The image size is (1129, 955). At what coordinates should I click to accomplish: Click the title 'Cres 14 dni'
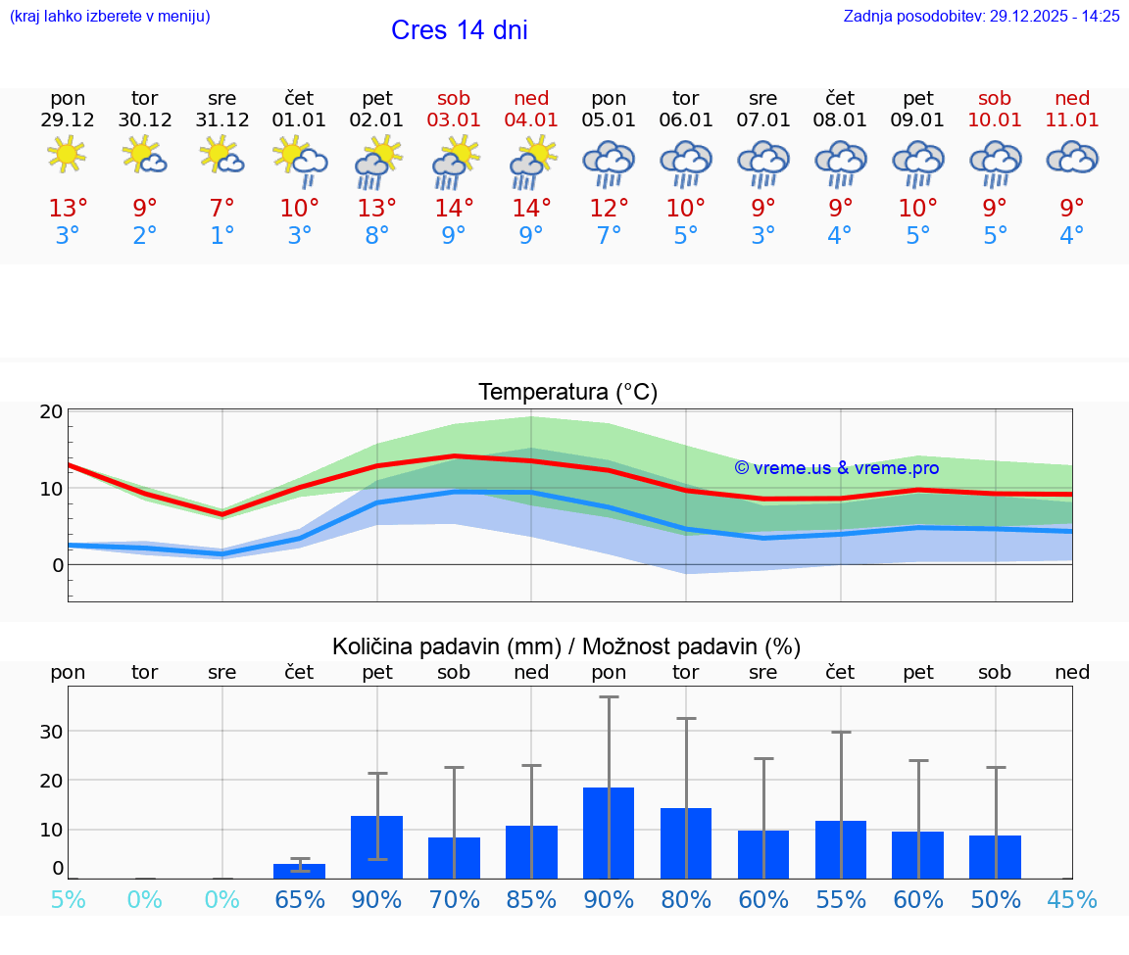[459, 30]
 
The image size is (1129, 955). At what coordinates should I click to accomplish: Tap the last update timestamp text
[981, 16]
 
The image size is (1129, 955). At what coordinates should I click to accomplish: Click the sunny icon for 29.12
[67, 155]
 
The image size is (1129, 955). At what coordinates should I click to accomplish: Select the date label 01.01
[300, 120]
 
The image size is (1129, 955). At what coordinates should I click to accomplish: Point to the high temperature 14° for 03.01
[454, 209]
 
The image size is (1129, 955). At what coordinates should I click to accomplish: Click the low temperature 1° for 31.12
[222, 236]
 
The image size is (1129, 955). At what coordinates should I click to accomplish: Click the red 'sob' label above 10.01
[995, 98]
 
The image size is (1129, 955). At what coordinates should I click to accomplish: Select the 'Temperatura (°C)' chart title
[567, 393]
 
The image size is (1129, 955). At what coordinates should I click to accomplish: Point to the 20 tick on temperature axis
[52, 411]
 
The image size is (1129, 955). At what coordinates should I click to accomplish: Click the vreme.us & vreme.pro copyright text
[836, 468]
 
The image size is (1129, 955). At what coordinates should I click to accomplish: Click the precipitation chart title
[566, 646]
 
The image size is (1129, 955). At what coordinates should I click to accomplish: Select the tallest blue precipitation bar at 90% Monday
[609, 833]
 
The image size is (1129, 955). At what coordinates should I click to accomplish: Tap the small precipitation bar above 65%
[299, 871]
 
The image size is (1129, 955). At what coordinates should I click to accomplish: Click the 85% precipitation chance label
[531, 900]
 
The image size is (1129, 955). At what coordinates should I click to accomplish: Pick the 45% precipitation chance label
[1072, 900]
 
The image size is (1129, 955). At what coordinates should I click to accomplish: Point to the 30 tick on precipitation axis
[52, 732]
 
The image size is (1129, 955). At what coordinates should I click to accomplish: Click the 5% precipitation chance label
[68, 900]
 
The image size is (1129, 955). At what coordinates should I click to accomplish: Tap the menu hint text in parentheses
[110, 16]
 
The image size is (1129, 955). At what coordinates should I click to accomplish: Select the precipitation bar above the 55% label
[841, 849]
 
